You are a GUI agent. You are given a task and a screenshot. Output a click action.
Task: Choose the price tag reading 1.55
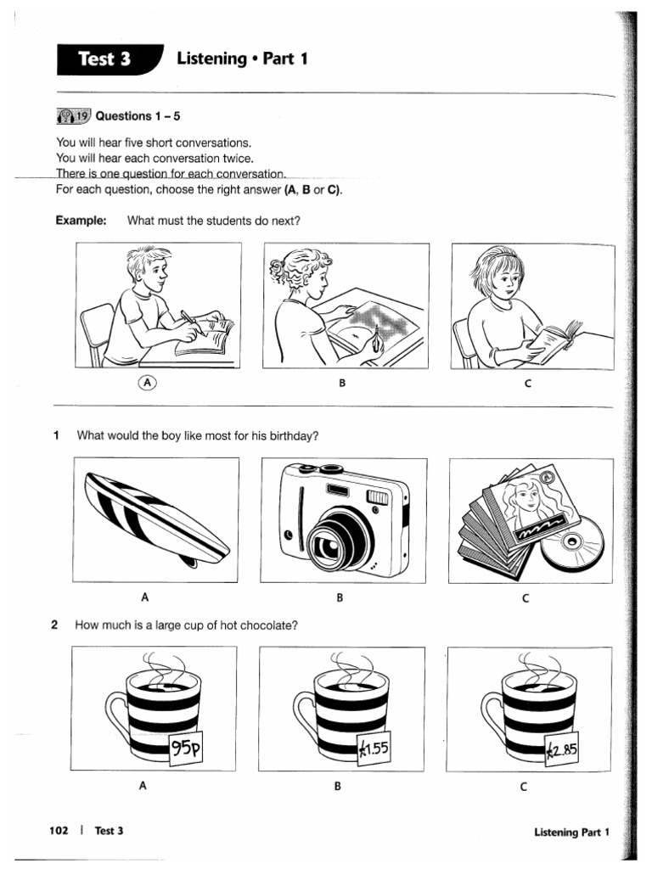click(x=371, y=748)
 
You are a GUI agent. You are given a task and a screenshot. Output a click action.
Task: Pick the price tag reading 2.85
click(x=560, y=748)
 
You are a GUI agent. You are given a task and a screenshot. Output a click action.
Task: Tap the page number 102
click(x=59, y=831)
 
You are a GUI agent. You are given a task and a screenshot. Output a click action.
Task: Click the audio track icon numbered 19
click(x=73, y=116)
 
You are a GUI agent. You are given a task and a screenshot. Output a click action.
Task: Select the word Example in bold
click(x=81, y=221)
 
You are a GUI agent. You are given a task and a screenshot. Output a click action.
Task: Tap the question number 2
click(x=54, y=625)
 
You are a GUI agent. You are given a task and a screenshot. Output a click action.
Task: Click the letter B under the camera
click(x=339, y=598)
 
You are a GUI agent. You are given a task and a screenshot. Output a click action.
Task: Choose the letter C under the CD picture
click(x=526, y=598)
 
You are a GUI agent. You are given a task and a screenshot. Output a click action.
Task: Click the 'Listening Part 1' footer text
click(x=571, y=833)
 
